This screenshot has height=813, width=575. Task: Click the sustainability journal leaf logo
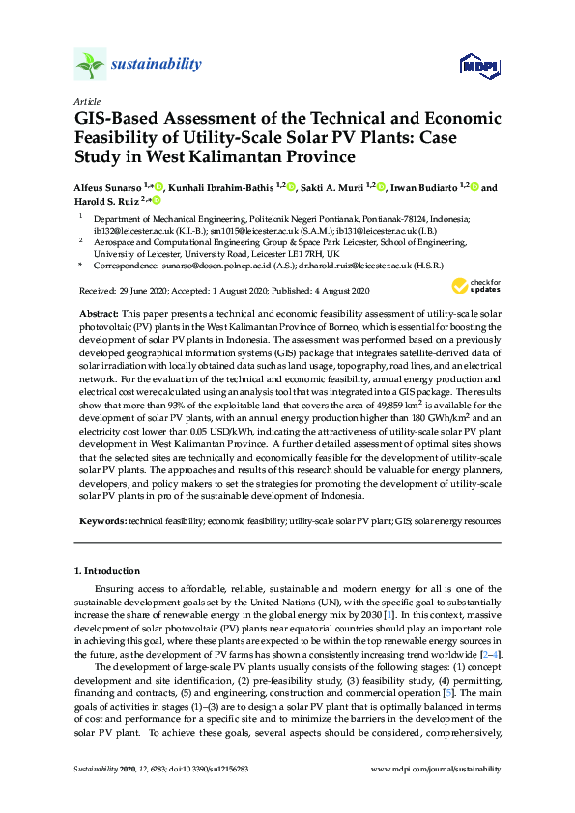(89, 65)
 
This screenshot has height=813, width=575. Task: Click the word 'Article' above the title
(86, 100)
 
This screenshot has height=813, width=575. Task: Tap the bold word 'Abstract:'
(98, 315)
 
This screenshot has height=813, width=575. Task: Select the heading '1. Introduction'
(109, 572)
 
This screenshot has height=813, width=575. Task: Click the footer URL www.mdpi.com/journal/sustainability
(437, 769)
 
